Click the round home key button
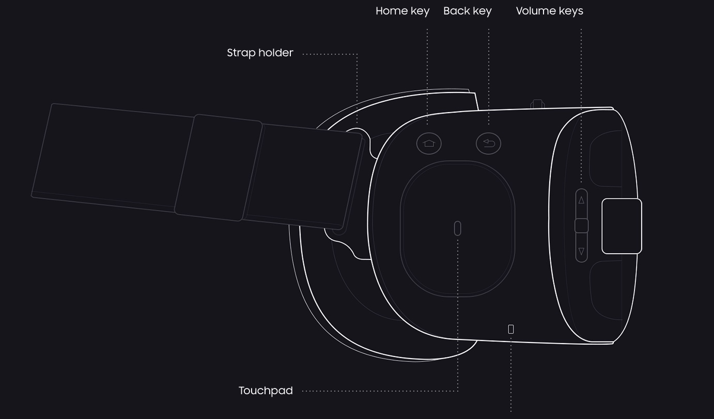click(x=429, y=144)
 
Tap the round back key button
click(x=488, y=144)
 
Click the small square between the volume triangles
click(x=581, y=226)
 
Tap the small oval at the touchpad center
click(x=457, y=228)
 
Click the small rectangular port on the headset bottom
click(x=510, y=329)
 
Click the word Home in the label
click(x=392, y=11)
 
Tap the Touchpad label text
click(x=266, y=391)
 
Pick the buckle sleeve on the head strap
click(x=219, y=167)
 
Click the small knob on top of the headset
click(x=537, y=104)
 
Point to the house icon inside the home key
click(x=429, y=144)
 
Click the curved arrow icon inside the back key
click(x=489, y=144)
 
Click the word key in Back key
click(x=482, y=11)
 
